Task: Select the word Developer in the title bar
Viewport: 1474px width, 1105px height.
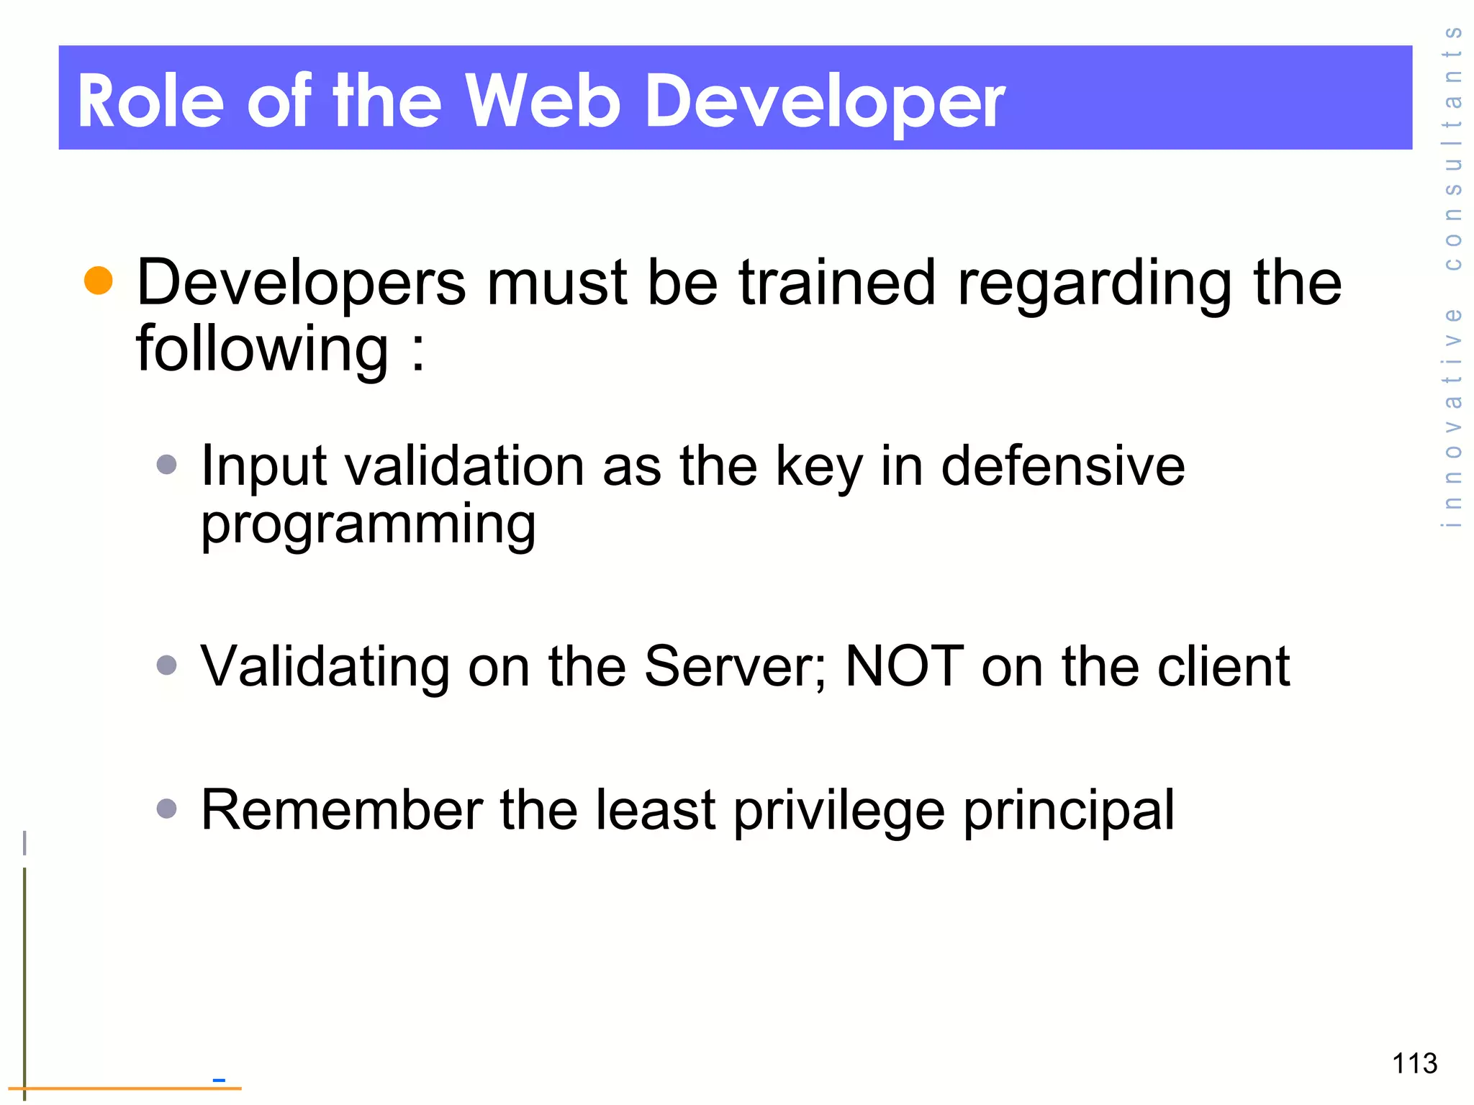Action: click(824, 102)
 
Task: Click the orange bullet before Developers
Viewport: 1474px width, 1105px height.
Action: click(99, 281)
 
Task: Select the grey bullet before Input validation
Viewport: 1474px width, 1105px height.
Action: click(166, 464)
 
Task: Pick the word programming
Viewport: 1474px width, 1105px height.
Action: click(368, 525)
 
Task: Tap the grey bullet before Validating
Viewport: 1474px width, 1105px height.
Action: click(166, 665)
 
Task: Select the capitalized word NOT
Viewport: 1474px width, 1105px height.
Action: click(904, 666)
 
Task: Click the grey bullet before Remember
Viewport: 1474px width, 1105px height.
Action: click(166, 809)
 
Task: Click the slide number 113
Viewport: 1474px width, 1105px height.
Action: click(1414, 1063)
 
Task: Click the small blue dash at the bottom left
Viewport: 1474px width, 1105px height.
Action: click(219, 1080)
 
